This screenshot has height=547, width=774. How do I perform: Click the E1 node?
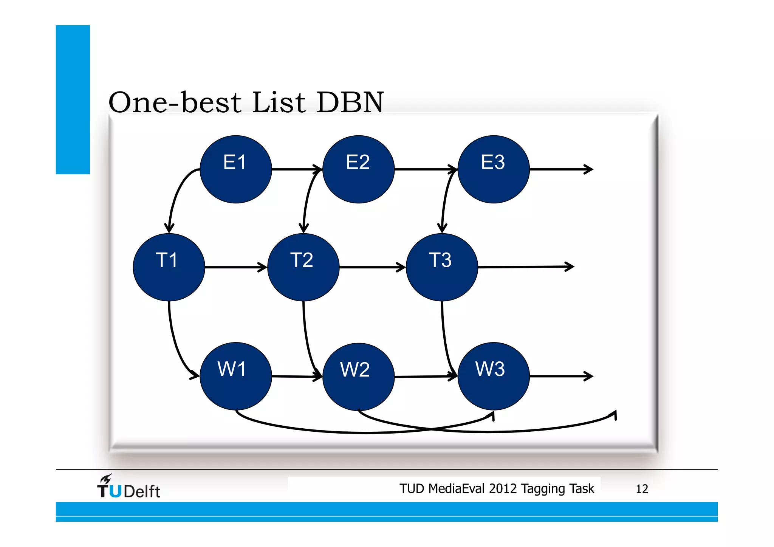click(235, 169)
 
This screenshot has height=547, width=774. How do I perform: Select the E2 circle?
click(358, 169)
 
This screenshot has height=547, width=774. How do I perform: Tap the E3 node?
click(493, 169)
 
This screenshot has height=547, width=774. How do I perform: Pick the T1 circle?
click(169, 267)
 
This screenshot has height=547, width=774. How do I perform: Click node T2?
click(303, 267)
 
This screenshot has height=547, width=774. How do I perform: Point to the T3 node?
click(441, 267)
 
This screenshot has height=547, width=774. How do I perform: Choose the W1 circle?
click(235, 376)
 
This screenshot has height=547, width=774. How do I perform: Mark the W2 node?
click(358, 377)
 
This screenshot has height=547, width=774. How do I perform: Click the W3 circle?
click(493, 376)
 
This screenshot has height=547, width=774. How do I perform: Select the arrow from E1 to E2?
click(297, 169)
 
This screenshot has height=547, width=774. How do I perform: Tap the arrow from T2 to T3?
click(372, 267)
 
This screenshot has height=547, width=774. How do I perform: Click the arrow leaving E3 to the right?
click(561, 169)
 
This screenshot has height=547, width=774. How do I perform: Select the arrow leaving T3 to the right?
click(525, 267)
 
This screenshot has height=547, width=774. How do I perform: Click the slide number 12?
click(642, 489)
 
